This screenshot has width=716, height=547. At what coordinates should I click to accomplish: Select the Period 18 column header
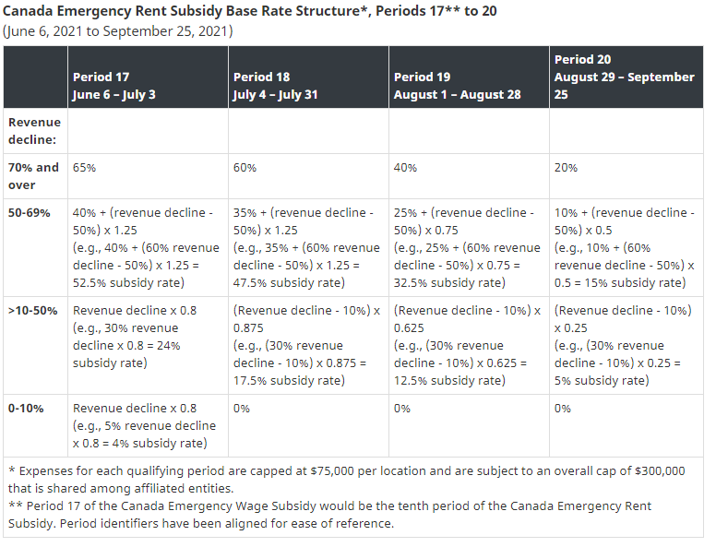[x=275, y=86]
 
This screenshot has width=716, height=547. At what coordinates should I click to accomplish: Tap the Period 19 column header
[x=457, y=86]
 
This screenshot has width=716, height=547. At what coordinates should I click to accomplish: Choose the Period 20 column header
[x=624, y=77]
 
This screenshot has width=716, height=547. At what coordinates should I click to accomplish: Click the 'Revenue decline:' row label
[x=34, y=130]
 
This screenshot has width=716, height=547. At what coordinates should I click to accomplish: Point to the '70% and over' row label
[x=34, y=175]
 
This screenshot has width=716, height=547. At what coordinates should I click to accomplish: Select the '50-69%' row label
[x=30, y=213]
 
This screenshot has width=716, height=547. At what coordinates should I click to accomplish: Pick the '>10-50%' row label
[x=34, y=311]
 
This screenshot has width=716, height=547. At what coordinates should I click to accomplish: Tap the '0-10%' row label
[x=28, y=409]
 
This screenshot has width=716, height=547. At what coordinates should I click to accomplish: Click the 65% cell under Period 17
[x=84, y=168]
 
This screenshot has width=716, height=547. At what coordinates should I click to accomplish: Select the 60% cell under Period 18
[x=245, y=168]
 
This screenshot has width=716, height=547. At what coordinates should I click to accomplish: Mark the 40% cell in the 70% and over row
[x=405, y=168]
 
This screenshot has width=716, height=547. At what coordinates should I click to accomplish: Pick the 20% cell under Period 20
[x=566, y=168]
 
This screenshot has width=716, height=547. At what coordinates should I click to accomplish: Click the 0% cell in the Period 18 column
[x=241, y=409]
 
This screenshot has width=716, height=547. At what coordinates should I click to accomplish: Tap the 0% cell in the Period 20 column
[x=562, y=409]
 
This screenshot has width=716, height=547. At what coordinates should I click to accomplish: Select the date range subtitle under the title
[x=118, y=30]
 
